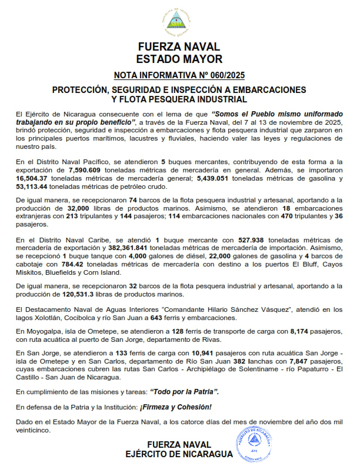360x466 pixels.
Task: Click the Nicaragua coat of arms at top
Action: [179, 23]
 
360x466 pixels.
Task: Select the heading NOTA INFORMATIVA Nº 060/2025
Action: [179, 75]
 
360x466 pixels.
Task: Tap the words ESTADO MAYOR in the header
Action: [179, 59]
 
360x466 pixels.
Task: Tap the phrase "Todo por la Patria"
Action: [185, 391]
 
